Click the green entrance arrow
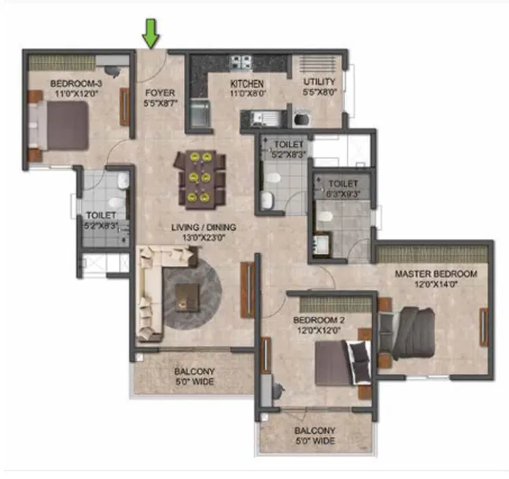151,34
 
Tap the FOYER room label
160,93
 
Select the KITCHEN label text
247,83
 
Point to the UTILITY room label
319,81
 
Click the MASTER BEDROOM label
436,274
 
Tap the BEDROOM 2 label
318,320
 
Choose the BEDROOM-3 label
76,83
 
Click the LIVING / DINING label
204,227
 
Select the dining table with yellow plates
200,179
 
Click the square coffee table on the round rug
187,298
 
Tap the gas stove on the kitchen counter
241,62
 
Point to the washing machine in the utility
302,119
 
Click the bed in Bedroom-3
58,126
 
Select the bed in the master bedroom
408,333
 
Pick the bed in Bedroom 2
343,363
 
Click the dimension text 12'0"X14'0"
436,285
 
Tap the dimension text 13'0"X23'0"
204,237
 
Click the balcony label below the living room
194,376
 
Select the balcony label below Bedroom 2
315,436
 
